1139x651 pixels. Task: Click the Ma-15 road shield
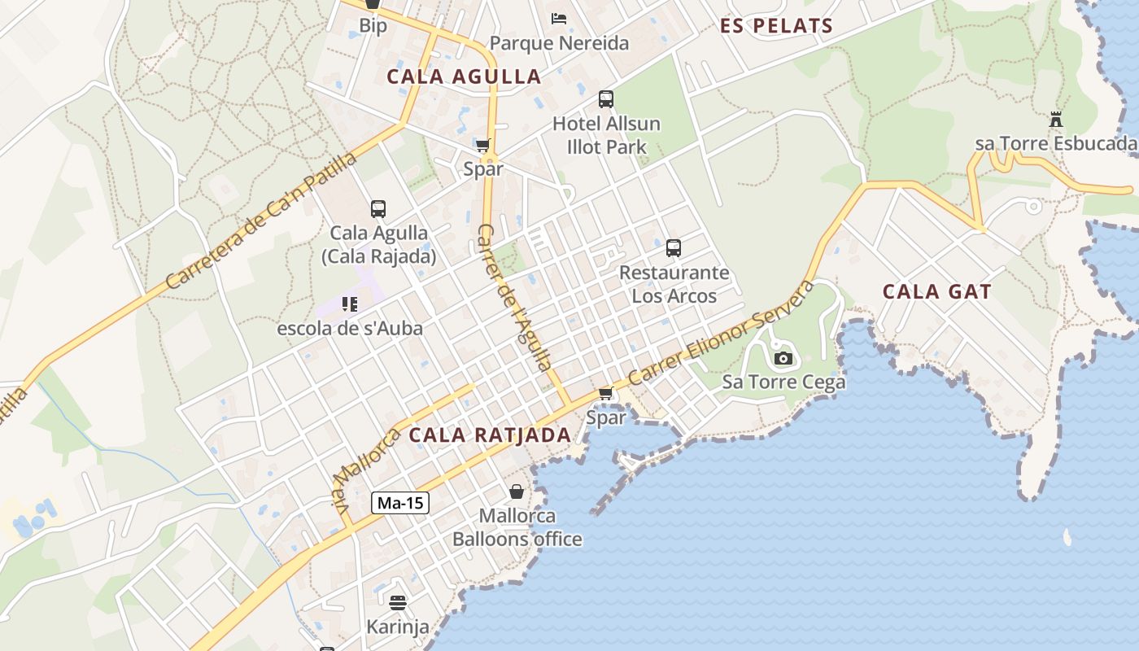click(x=400, y=503)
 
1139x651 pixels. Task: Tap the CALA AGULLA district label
click(x=464, y=76)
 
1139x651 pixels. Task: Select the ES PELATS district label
click(x=776, y=26)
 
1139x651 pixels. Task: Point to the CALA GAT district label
click(x=936, y=291)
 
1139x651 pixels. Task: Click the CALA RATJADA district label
click(x=490, y=435)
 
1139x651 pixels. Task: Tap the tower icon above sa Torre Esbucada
click(x=1056, y=120)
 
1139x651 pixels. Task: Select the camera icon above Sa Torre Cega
click(x=783, y=358)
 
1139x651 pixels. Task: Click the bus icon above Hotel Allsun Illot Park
click(x=606, y=99)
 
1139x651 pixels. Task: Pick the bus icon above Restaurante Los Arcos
click(x=674, y=248)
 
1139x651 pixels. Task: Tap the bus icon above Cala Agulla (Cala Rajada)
click(x=378, y=209)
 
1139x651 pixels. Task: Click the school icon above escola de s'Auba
click(x=350, y=305)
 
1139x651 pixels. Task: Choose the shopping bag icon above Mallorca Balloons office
click(x=517, y=492)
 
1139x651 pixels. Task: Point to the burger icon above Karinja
click(x=398, y=603)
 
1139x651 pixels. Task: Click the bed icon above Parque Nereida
click(x=559, y=18)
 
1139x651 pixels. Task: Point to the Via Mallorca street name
click(x=364, y=470)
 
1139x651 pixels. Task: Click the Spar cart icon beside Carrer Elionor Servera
click(x=605, y=394)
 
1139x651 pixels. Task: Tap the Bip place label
click(x=373, y=26)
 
